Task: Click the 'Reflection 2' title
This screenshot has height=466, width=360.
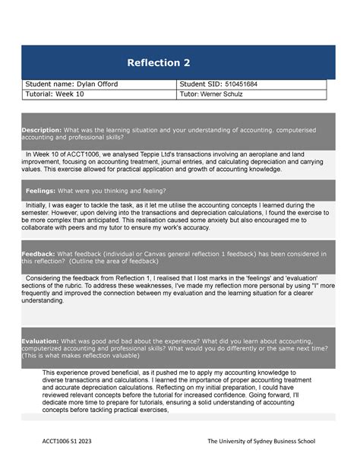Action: click(x=158, y=62)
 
